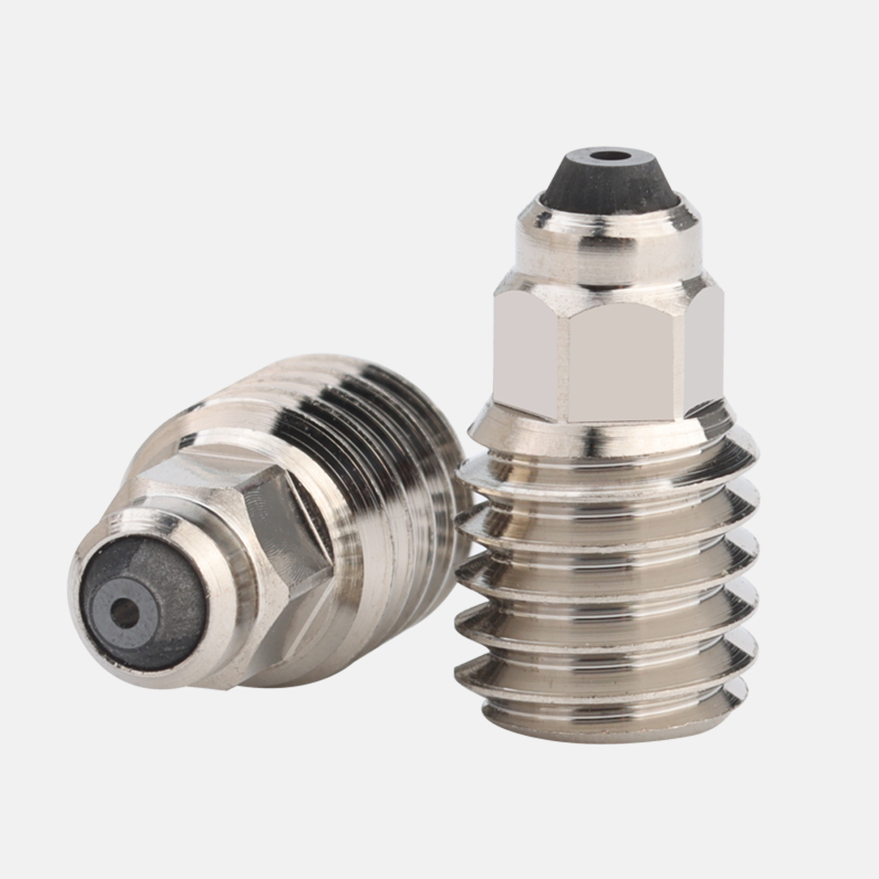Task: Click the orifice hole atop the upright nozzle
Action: (609, 156)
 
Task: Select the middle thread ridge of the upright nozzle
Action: (607, 585)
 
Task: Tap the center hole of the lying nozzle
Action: (126, 614)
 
